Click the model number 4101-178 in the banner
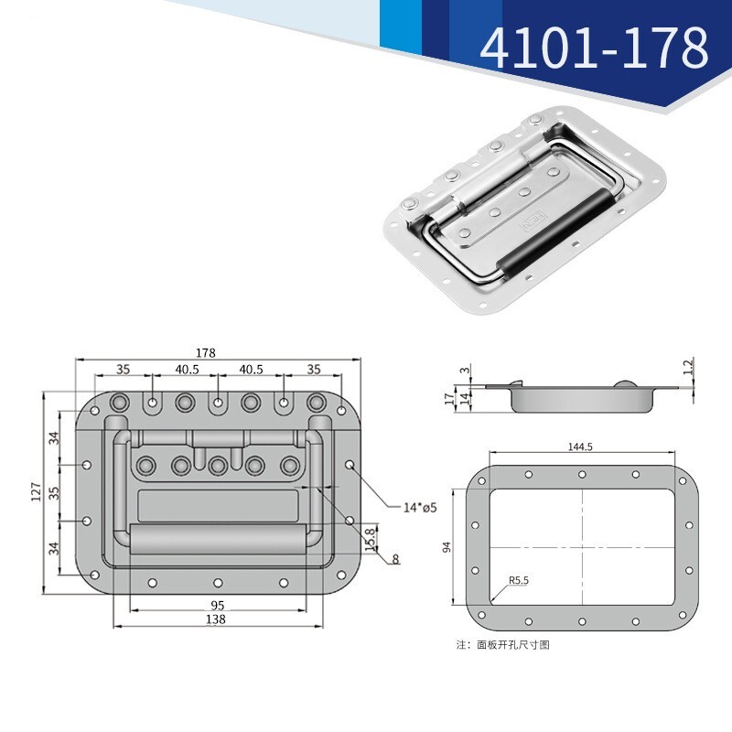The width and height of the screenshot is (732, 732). (594, 48)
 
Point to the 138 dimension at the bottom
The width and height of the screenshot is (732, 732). (216, 619)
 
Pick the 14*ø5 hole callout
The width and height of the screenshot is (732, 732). (421, 507)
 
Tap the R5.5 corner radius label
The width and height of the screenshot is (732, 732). (519, 580)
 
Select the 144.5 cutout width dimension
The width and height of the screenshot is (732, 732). (581, 447)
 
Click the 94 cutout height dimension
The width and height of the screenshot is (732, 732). (447, 547)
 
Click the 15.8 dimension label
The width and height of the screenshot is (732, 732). (370, 535)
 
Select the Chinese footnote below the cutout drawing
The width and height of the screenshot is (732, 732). (502, 645)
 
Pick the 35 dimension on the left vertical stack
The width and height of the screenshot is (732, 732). (54, 491)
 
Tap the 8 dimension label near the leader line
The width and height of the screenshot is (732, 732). (395, 558)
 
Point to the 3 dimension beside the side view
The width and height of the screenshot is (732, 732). (464, 370)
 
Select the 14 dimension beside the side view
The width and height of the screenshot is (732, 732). (464, 398)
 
